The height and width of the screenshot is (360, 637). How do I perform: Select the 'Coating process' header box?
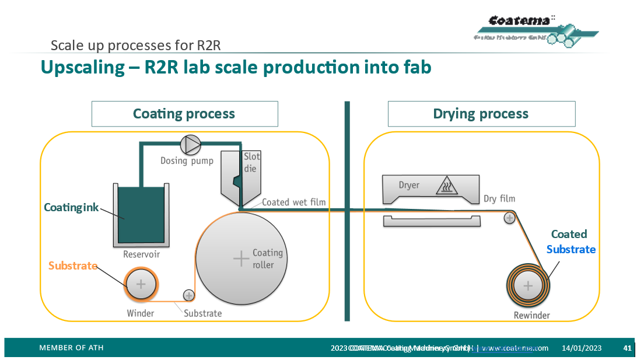coord(184,114)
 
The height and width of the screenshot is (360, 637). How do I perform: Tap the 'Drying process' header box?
coord(481,114)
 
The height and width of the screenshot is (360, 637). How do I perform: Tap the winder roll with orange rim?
coord(141,285)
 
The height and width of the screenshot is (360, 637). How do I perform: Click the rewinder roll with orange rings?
coord(528,285)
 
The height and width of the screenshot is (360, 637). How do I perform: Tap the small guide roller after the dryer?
coord(509,218)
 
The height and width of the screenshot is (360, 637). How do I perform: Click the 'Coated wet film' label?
coord(293,202)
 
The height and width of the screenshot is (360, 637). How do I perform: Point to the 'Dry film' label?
coord(499,199)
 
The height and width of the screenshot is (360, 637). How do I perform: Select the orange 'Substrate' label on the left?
coord(72,265)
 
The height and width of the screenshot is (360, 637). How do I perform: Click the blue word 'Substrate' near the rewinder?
coord(570,249)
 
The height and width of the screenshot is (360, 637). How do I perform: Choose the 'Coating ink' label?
coord(72,208)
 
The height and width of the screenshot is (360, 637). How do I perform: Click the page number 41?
coord(628,348)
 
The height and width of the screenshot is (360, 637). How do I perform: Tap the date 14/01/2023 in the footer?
coord(582,348)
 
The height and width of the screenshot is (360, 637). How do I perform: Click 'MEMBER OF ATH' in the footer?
coord(71,348)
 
